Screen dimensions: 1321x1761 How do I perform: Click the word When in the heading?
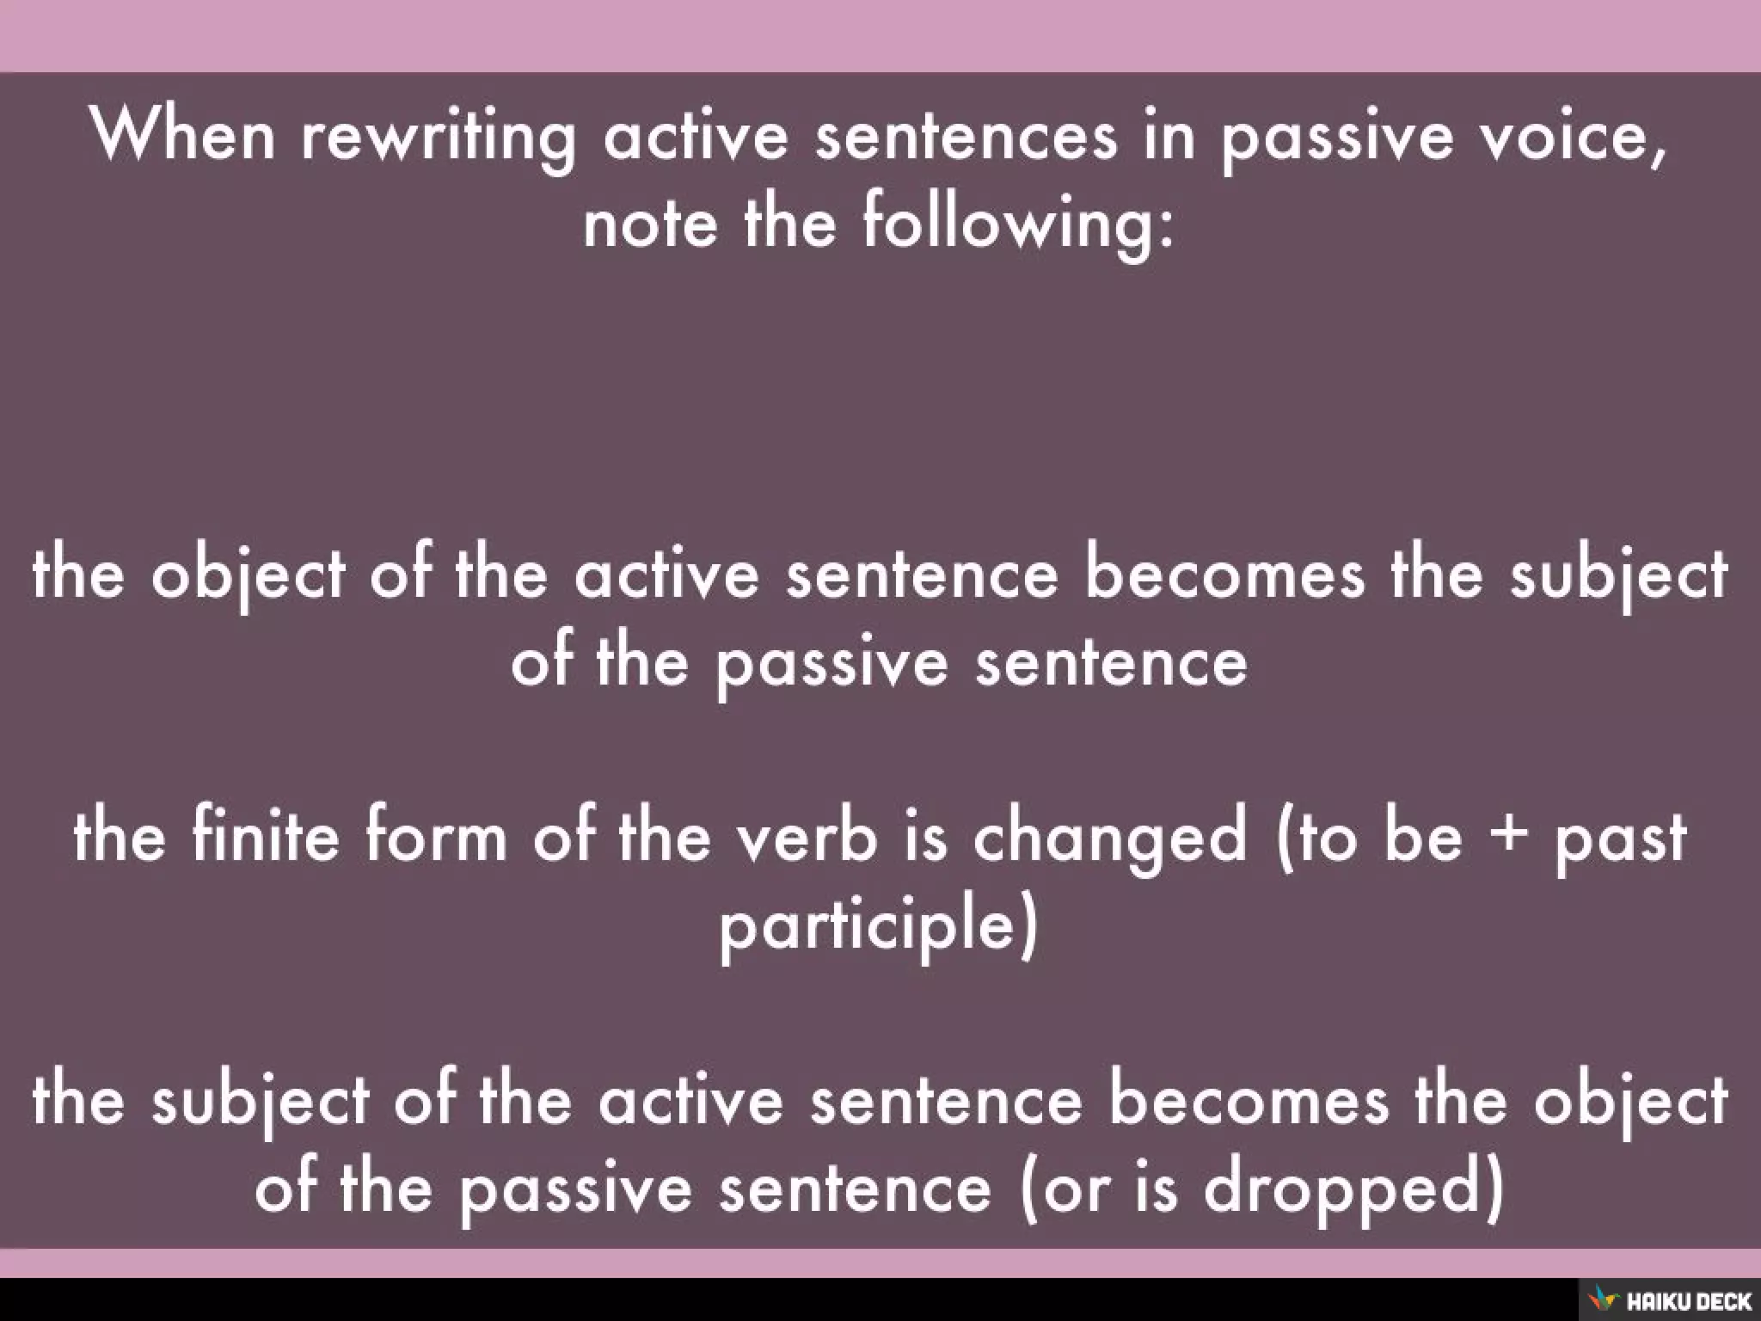182,135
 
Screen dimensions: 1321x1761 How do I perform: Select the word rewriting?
439,138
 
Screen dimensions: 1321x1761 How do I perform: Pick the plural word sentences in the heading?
966,138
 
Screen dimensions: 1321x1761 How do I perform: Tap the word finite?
267,836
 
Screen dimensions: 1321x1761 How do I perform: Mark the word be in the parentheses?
1422,836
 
